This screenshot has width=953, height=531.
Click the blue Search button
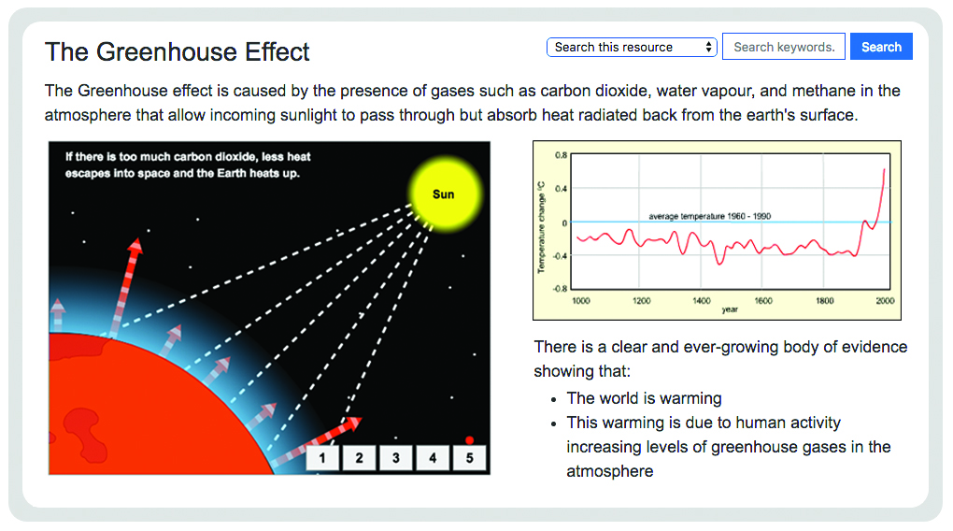881,47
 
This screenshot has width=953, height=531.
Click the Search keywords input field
784,47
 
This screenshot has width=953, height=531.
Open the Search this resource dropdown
632,47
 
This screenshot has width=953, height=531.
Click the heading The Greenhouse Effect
177,51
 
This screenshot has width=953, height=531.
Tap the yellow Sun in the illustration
445,194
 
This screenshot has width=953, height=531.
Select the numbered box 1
322,458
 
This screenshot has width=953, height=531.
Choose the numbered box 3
395,458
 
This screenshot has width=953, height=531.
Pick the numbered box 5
469,458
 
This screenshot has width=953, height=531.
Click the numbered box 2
359,458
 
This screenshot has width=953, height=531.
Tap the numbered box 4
433,458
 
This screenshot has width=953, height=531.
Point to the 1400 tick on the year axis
702,301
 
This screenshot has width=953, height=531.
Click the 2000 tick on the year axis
885,301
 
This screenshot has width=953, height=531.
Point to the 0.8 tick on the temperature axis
561,155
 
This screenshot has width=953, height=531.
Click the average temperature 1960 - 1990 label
709,216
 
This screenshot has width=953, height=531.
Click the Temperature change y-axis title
541,227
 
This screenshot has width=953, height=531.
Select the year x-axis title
730,309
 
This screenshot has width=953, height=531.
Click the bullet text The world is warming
645,398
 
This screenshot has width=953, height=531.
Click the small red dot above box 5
469,439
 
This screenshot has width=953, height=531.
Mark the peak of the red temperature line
884,169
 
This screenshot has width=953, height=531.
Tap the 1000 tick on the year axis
581,301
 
